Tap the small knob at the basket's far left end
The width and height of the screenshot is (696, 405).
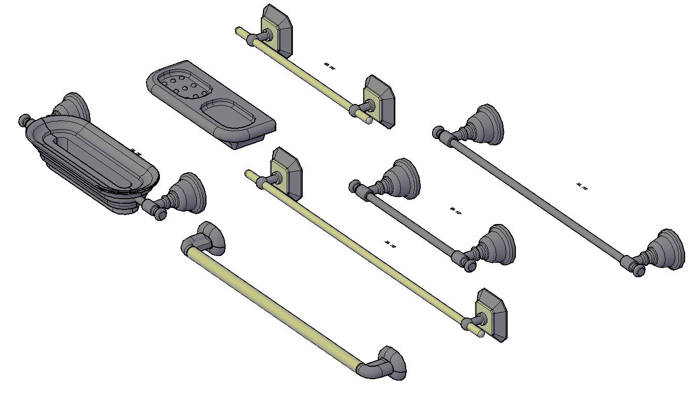click(24, 121)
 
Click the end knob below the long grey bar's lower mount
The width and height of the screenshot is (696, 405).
click(639, 271)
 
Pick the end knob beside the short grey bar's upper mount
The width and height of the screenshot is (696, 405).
click(354, 185)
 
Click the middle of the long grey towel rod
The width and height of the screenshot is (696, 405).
click(538, 197)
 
